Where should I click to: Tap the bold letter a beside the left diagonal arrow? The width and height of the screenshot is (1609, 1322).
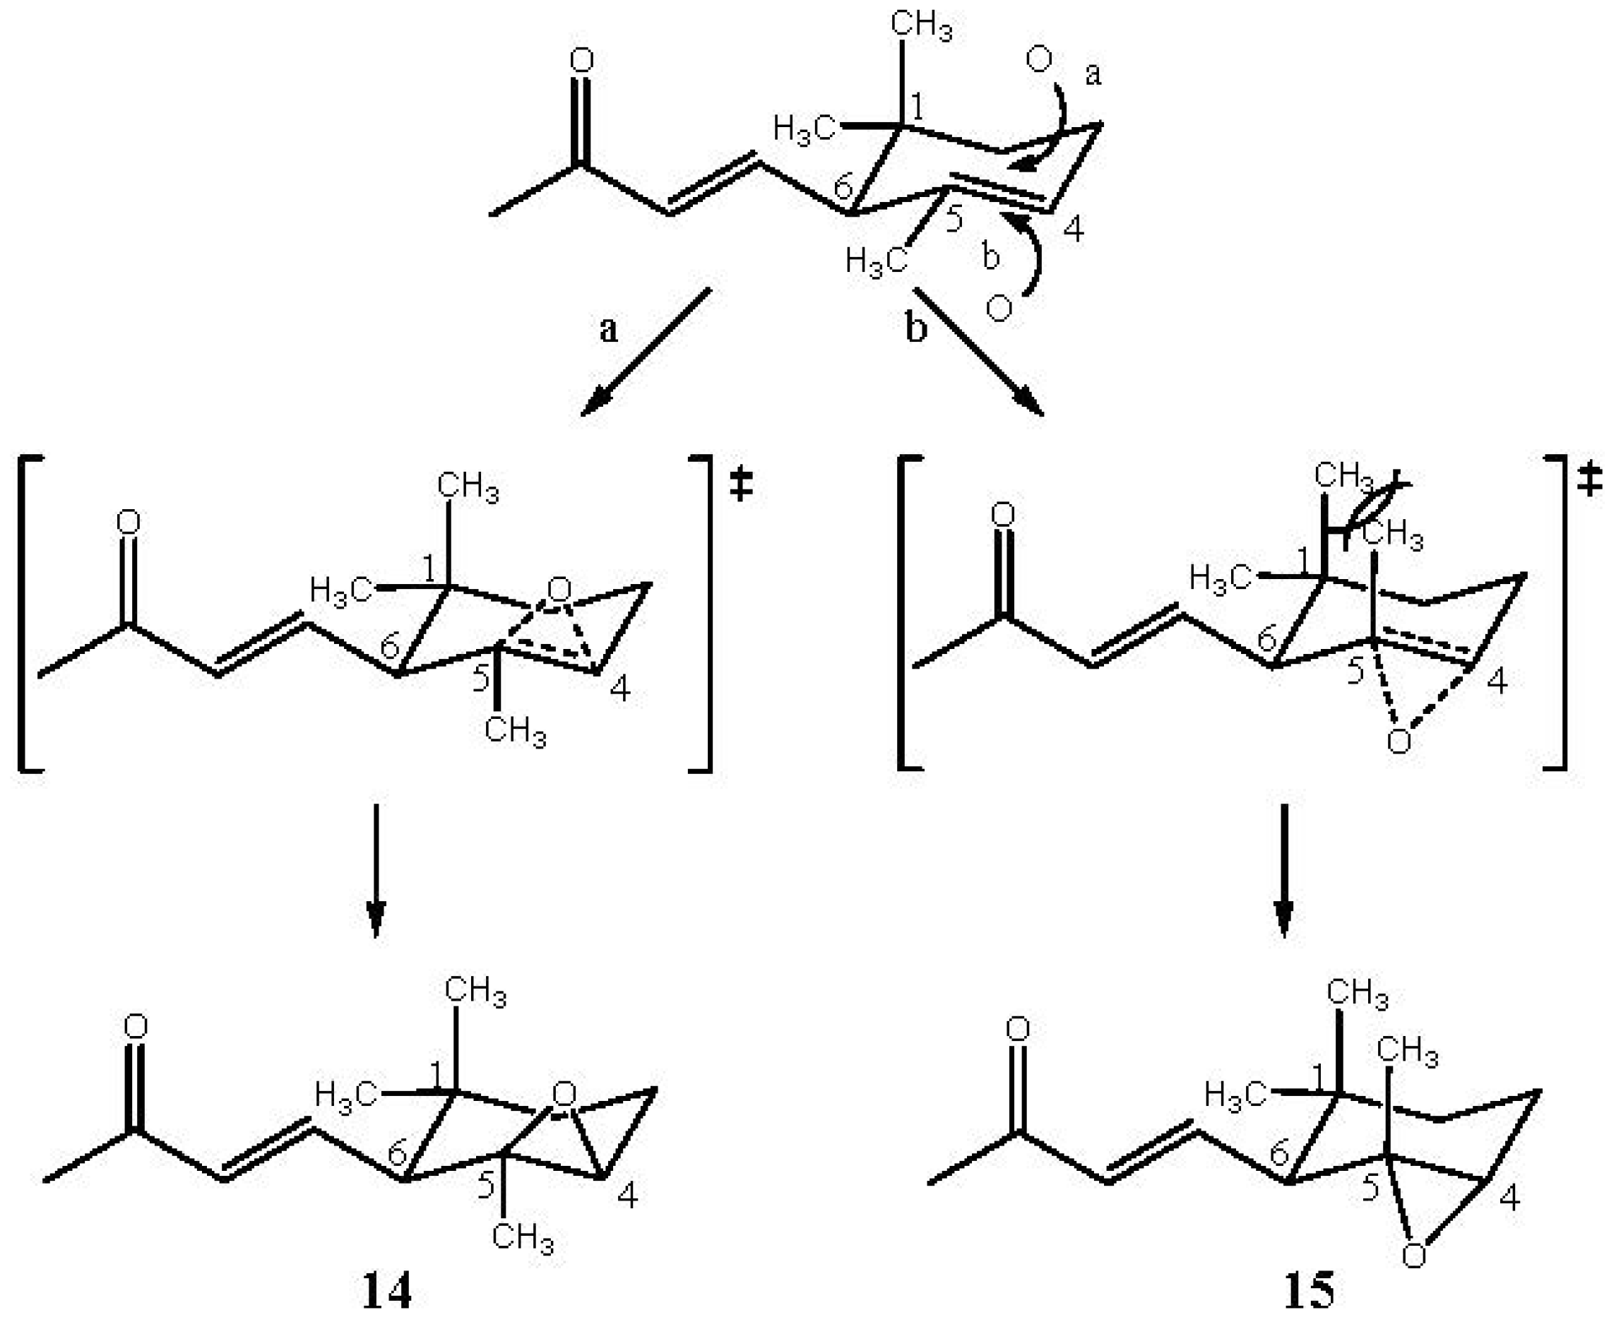608,330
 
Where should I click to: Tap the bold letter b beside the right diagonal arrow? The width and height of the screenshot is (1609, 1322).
916,329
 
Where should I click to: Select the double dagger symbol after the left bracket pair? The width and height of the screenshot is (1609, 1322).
741,485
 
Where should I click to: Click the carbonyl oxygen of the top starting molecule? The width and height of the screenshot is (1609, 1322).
582,61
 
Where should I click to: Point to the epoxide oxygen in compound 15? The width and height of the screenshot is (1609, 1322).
1413,1255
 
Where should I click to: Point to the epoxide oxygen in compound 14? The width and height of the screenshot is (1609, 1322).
564,1095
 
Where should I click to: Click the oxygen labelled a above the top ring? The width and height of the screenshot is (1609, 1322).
1039,59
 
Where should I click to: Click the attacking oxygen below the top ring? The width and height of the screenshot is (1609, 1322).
999,309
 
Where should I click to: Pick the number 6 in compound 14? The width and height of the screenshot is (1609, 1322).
397,1154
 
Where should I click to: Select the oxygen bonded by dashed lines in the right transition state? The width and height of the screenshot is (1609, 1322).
1398,741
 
